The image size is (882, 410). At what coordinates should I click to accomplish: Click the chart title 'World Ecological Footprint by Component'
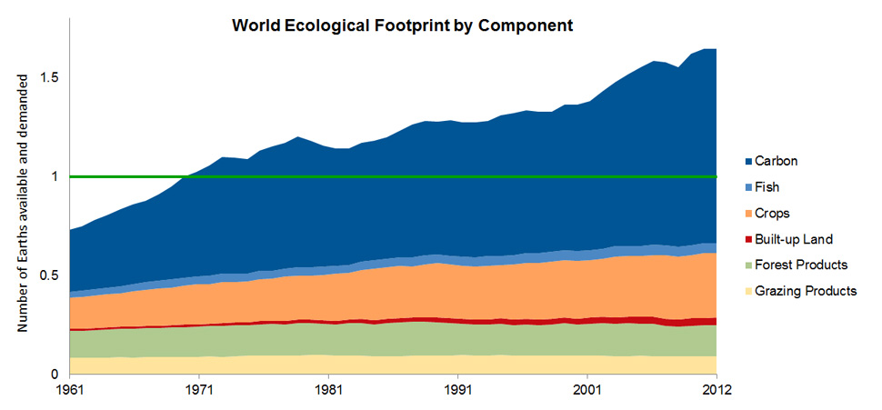[x=402, y=25]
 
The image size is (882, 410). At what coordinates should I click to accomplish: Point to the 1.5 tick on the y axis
[x=51, y=77]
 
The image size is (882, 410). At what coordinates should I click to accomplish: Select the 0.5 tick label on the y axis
[x=51, y=275]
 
